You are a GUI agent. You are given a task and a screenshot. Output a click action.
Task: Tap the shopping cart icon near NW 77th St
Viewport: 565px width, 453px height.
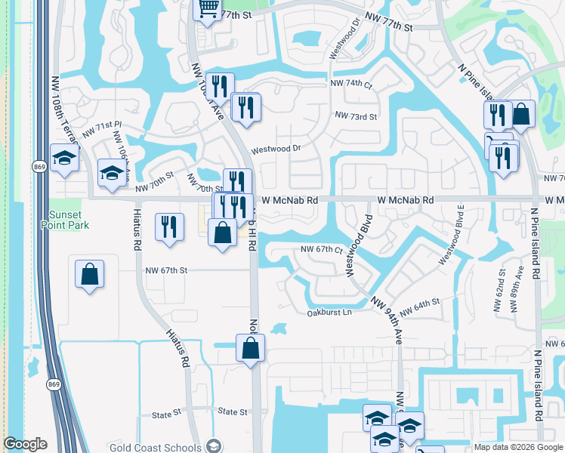(x=205, y=9)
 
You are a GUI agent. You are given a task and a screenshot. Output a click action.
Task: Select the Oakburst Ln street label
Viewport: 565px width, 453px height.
(x=330, y=313)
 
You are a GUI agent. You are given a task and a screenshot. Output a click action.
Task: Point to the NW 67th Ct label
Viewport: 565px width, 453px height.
(x=322, y=249)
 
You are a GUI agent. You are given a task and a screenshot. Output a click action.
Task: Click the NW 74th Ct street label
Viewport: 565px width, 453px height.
(x=351, y=86)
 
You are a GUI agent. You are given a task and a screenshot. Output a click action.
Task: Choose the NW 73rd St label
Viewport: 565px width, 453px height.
(x=355, y=116)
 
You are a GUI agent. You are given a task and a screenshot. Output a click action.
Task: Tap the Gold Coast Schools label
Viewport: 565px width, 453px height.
(x=156, y=447)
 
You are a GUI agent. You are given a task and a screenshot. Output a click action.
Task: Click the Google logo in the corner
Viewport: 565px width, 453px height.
(x=25, y=444)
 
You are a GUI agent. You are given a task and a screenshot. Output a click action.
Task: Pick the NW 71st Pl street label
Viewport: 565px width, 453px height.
(x=102, y=128)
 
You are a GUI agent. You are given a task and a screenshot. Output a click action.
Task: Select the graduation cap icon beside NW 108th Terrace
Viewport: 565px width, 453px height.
(x=65, y=158)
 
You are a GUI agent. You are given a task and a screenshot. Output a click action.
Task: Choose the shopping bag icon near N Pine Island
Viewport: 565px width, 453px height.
(x=521, y=115)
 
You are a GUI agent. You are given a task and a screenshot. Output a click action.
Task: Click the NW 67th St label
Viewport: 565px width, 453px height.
(x=165, y=270)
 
